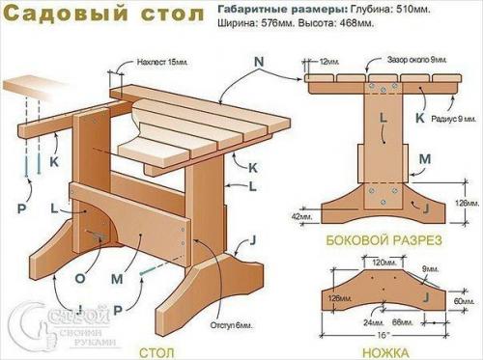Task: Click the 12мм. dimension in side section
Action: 329,61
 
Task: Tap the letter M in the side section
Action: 424,157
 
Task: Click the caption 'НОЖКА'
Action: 384,352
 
